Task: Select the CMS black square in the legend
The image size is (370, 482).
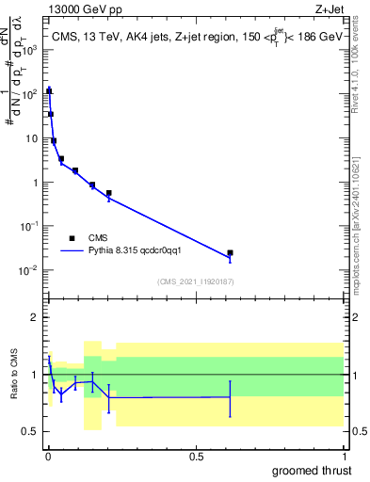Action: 72,238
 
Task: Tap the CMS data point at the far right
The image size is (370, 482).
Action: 230,253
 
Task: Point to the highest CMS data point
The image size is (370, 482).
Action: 49,91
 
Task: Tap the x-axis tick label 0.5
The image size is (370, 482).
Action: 196,457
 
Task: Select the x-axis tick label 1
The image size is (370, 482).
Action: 344,457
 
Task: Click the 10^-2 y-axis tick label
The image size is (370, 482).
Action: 32,270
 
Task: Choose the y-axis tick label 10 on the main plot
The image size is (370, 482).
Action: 34,137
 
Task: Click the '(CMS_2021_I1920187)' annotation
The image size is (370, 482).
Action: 195,281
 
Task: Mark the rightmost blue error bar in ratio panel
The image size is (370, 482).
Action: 230,397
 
